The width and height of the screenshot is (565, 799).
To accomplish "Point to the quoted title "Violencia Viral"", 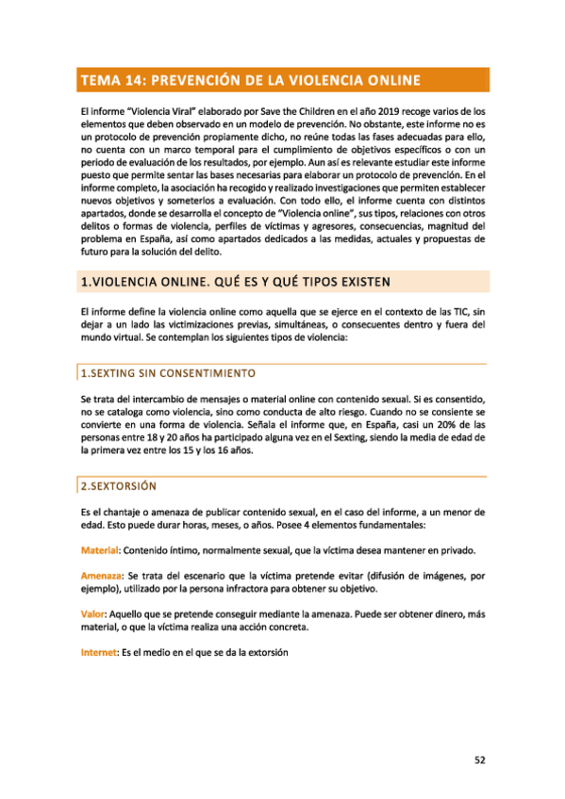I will (x=154, y=111).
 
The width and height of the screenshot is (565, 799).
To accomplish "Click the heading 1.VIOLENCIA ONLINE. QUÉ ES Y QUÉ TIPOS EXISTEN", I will (x=230, y=282).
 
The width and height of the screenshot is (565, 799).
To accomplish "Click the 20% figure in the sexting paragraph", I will (x=423, y=425).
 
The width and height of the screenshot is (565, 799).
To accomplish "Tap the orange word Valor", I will (x=94, y=613).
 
